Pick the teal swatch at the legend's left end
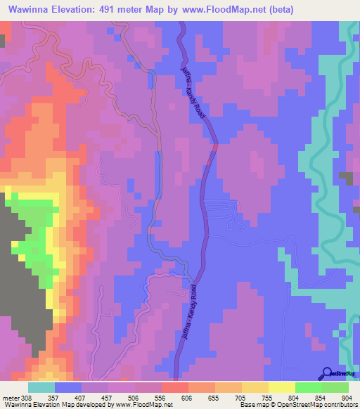[x=41, y=387]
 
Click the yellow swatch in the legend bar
[x=281, y=387]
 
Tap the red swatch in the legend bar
[x=174, y=387]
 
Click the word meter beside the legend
[x=10, y=398]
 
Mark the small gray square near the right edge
[x=346, y=178]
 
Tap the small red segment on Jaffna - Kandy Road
[x=214, y=147]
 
